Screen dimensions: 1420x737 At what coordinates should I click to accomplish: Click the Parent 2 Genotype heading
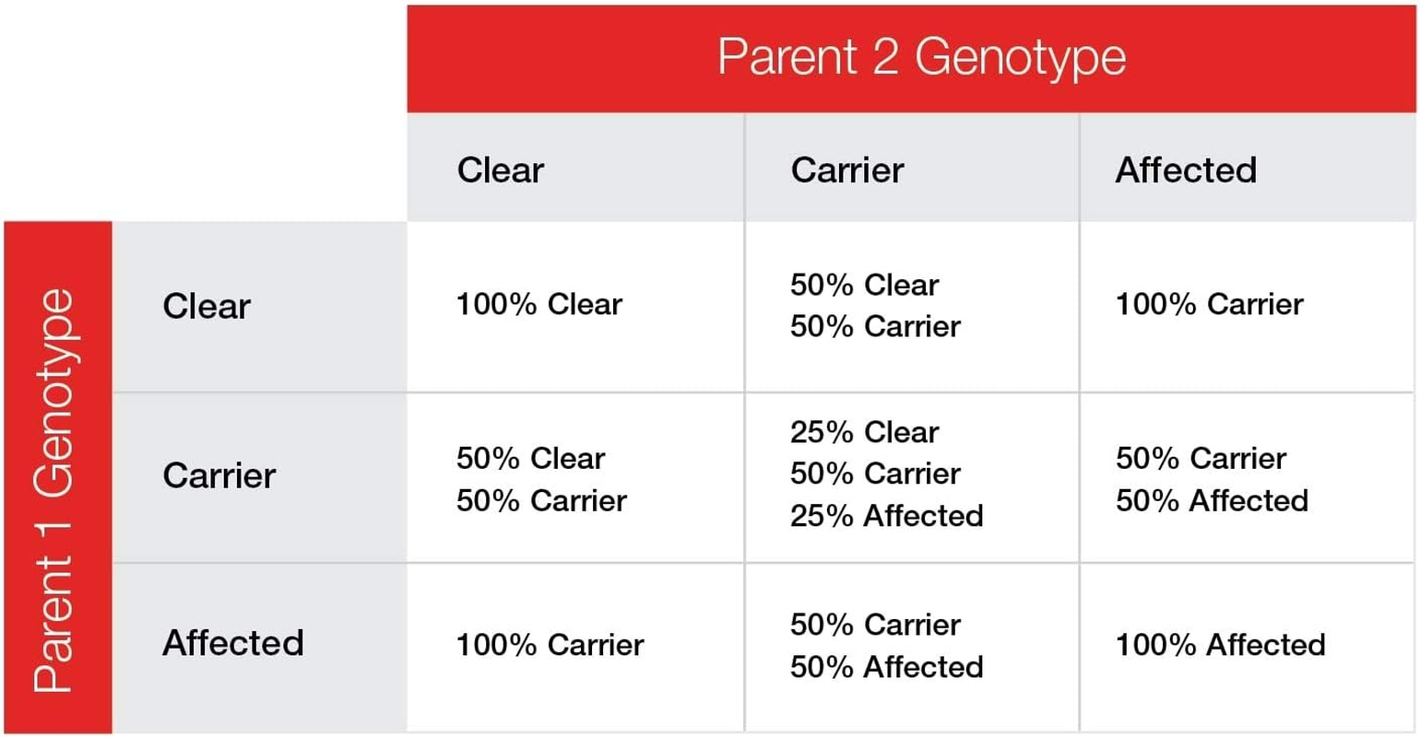[x=922, y=58]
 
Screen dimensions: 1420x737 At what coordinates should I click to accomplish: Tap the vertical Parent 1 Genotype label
[x=54, y=490]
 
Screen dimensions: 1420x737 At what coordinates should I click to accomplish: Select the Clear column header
[x=500, y=170]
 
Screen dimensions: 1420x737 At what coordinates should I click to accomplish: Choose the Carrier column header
[x=846, y=170]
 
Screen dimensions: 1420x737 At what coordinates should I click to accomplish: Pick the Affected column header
[x=1186, y=170]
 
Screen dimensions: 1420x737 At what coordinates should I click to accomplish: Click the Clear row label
[x=207, y=307]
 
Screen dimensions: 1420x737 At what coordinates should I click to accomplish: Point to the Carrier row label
[x=219, y=475]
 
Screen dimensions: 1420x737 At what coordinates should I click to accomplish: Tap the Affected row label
[x=233, y=643]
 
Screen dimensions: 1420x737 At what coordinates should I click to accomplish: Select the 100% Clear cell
[x=539, y=305]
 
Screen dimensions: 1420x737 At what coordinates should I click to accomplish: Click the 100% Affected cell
[x=1221, y=645]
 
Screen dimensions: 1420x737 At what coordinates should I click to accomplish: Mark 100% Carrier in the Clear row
[x=1210, y=305]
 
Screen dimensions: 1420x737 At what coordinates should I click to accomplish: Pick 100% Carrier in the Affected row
[x=550, y=645]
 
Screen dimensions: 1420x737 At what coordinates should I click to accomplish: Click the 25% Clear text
[x=865, y=432]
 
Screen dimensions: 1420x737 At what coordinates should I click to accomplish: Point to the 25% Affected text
[x=887, y=516]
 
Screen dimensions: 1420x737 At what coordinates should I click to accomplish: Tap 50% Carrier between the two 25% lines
[x=875, y=474]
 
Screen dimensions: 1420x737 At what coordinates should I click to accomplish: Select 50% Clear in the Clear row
[x=865, y=285]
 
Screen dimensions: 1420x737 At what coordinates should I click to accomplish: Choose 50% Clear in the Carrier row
[x=530, y=459]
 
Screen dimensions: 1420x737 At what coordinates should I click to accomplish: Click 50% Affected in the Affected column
[x=1212, y=501]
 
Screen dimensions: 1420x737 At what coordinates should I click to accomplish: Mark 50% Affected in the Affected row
[x=887, y=667]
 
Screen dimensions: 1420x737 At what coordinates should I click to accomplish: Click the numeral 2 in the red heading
[x=885, y=56]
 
